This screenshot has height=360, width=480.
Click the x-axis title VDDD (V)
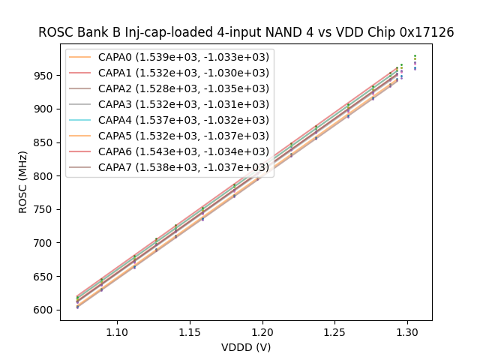pyautogui.click(x=246, y=347)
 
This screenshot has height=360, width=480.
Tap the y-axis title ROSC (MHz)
pyautogui.click(x=24, y=180)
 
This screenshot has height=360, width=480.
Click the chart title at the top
pyautogui.click(x=246, y=32)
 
